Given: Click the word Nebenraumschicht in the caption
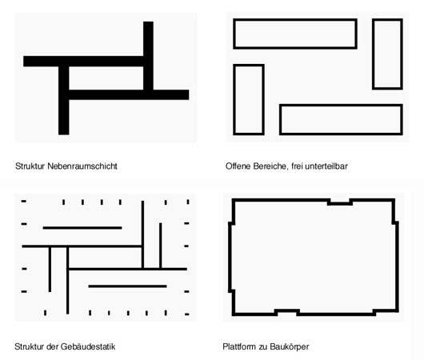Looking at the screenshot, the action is pos(82,166).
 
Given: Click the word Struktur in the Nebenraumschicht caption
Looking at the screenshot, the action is pos(30,166).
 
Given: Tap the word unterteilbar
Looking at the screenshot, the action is pos(326,166).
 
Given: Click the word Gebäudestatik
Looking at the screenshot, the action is pos(88,346).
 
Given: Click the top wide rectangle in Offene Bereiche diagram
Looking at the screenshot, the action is pos(295,20).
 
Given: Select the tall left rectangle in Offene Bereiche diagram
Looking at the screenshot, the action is pos(234,99).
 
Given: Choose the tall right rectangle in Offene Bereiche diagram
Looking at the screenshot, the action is pos(374,54).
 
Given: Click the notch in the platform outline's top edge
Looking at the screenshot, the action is pos(340,204).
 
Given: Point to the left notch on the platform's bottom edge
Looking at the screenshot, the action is pos(287,310).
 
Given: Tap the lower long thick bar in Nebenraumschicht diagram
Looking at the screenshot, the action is pos(129,94).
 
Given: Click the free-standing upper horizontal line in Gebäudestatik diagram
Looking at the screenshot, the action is pos(82,228).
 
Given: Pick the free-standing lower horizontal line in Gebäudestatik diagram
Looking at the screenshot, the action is pos(127,286).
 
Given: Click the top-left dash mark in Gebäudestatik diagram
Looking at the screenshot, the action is pos(24,202).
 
